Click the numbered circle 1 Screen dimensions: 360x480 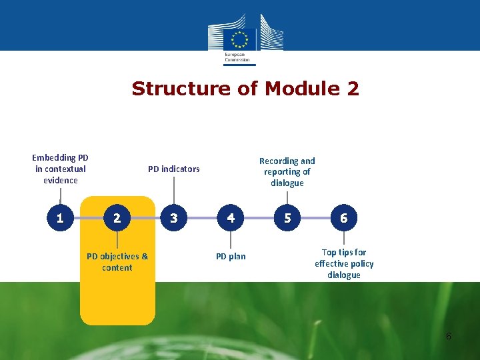(60, 217)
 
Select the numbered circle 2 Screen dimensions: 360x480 (117, 217)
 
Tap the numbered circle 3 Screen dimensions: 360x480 (174, 217)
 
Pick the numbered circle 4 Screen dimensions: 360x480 (231, 217)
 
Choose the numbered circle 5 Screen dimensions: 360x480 (287, 217)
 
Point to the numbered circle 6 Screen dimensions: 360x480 (344, 217)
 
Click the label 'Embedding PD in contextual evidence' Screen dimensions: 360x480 (60, 169)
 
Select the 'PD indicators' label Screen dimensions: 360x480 (173, 169)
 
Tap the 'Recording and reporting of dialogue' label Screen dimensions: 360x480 (287, 172)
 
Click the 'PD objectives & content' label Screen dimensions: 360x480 (117, 261)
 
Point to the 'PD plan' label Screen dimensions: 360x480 (231, 256)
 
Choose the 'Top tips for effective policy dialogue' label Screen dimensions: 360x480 (344, 263)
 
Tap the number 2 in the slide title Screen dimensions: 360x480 (352, 89)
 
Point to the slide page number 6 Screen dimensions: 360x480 (449, 336)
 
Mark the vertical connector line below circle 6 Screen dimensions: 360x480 (344, 239)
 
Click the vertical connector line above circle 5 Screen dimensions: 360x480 (287, 197)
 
